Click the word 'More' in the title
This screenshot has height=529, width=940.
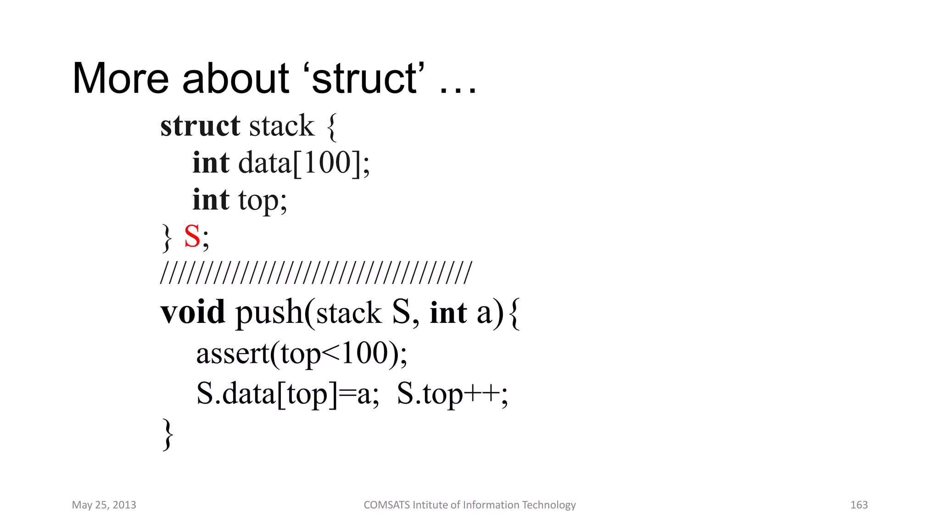pos(121,79)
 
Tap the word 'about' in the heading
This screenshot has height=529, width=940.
pos(235,79)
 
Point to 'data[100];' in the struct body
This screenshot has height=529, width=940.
pos(304,163)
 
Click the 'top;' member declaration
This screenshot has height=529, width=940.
pos(263,200)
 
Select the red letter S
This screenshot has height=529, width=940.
pos(192,237)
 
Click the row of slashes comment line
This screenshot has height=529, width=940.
pos(316,273)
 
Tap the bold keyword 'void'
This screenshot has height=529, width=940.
pos(193,312)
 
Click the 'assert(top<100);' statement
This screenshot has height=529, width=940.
pos(302,354)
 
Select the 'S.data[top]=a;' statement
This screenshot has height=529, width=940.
pos(288,394)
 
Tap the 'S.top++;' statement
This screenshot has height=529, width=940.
pos(453,394)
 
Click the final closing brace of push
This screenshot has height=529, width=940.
pos(168,434)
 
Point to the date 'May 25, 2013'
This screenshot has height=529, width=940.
pos(104,505)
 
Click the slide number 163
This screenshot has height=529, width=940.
pos(859,505)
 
